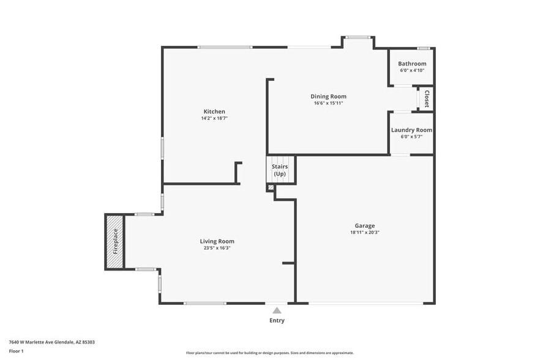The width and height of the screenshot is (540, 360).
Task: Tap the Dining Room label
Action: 328,96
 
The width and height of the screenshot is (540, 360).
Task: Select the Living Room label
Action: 217,241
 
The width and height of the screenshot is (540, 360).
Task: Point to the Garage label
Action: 364,226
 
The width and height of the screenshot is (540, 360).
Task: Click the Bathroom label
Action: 412,64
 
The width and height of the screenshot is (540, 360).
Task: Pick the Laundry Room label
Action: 411,130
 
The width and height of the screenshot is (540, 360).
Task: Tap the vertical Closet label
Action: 427,99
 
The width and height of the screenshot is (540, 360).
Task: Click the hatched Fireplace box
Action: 114,241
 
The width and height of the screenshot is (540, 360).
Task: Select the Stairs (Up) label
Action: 280,170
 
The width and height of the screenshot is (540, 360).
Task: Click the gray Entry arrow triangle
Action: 277,310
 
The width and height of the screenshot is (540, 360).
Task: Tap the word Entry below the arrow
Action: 277,320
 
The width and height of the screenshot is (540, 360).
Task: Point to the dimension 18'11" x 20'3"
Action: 364,233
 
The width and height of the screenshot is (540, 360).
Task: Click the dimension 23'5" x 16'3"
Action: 217,248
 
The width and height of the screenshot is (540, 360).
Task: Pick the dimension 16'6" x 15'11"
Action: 328,103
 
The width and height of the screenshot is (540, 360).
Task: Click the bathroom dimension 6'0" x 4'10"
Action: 412,70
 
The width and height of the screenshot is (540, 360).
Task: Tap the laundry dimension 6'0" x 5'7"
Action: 411,137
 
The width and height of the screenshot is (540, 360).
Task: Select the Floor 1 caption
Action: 16,351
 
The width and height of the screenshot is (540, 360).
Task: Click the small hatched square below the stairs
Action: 271,187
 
